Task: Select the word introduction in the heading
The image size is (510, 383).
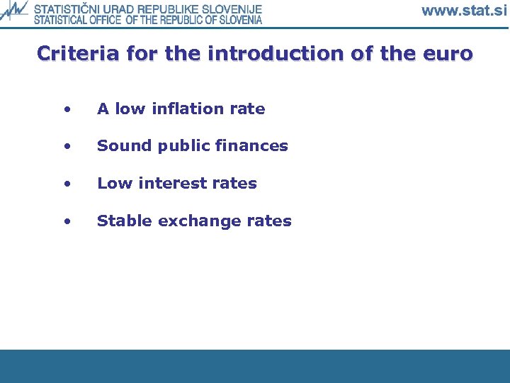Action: point(262,54)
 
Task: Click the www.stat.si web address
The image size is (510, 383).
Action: point(464,11)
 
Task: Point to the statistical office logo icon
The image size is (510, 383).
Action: point(14,12)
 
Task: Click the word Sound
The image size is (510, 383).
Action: point(120,146)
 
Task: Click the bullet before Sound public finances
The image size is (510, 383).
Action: point(67,147)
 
